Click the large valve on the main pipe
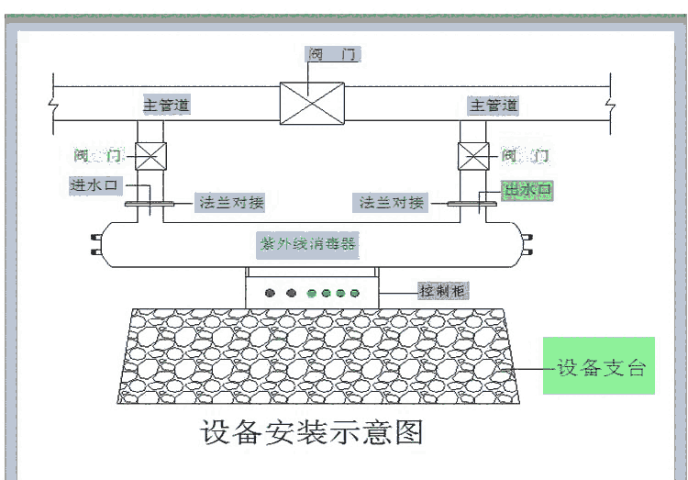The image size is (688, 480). click(x=312, y=103)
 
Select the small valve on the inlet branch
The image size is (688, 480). click(x=150, y=157)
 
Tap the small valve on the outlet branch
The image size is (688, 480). click(x=473, y=157)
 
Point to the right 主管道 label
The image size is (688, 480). click(x=494, y=106)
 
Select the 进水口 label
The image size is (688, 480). click(x=92, y=184)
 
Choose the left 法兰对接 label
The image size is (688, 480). click(x=230, y=203)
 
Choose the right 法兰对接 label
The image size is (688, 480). click(x=393, y=203)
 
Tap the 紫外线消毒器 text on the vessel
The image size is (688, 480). click(x=308, y=245)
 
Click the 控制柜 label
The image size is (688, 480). click(x=443, y=291)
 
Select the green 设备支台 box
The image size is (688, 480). click(x=598, y=365)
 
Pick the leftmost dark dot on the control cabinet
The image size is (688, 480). click(x=271, y=294)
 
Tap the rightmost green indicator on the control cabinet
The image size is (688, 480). click(x=353, y=294)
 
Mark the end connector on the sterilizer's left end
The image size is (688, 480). click(x=95, y=244)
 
